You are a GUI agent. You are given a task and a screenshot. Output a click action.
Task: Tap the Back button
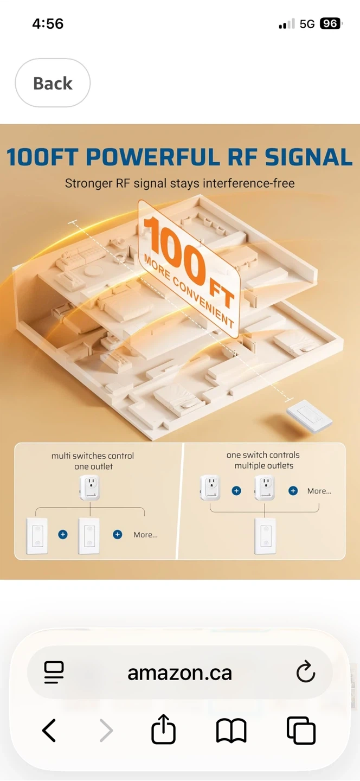[53, 83]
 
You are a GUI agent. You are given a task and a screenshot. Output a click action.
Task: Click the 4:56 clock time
[48, 24]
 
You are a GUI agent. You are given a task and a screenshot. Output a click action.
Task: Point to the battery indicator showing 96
[331, 23]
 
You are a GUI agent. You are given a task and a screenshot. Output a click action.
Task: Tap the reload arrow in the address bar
[306, 671]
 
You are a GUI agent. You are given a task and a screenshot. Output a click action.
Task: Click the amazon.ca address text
[179, 673]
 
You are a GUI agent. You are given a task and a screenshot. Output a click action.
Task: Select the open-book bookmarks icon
[232, 730]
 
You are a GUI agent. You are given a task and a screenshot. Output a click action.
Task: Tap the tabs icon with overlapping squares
[301, 730]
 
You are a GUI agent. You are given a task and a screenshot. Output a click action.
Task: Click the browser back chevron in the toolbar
[49, 730]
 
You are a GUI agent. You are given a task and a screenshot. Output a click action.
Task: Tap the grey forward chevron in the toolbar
[106, 730]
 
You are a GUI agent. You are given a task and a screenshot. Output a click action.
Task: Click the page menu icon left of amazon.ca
[54, 672]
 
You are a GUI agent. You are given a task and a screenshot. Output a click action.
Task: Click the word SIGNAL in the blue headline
[308, 157]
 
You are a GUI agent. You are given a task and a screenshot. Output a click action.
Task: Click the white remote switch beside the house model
[310, 417]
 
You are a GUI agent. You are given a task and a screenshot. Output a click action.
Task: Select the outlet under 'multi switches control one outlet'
[90, 488]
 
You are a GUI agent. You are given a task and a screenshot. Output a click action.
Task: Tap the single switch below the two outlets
[265, 536]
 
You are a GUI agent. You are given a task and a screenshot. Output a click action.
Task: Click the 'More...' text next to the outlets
[319, 491]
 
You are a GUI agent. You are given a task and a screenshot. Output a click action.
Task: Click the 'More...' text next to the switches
[146, 535]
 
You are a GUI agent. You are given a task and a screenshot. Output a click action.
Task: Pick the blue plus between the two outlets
[236, 491]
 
